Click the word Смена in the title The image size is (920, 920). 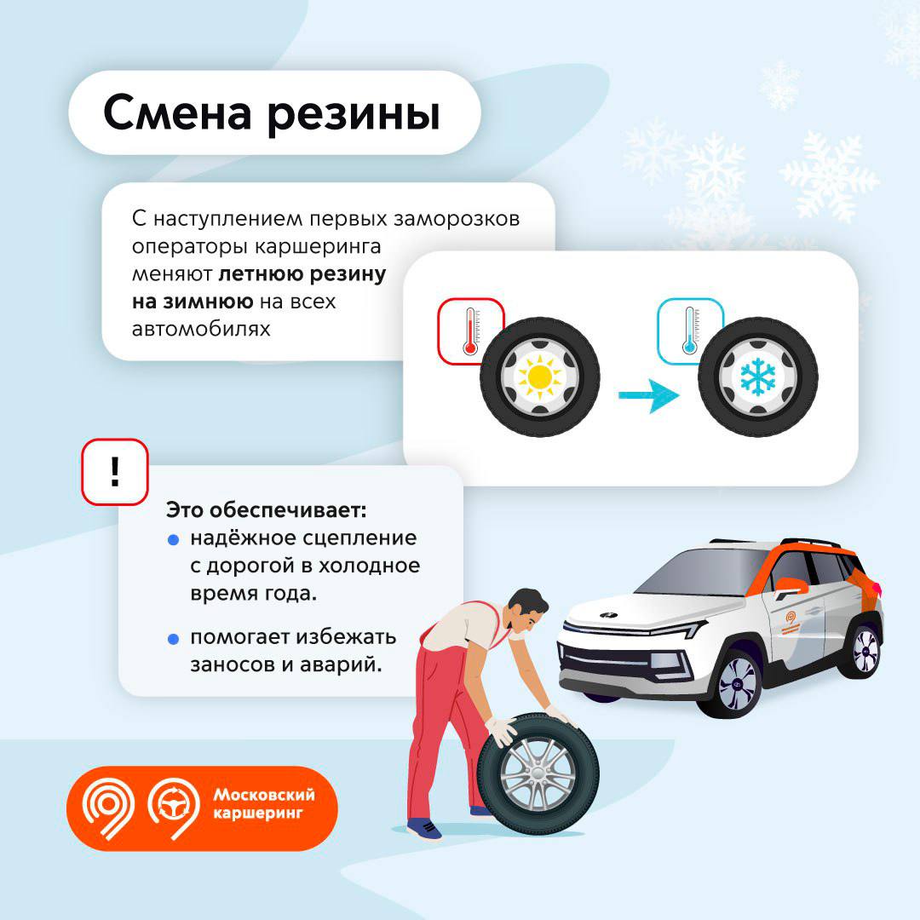(x=178, y=112)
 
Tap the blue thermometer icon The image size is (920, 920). (x=689, y=331)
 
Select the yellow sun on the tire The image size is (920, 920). (x=538, y=377)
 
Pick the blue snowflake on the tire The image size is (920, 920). (x=757, y=376)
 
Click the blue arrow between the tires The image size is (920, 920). (x=649, y=395)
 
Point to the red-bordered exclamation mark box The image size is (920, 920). (x=115, y=472)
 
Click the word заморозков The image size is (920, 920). (x=457, y=219)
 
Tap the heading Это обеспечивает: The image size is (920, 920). (x=267, y=509)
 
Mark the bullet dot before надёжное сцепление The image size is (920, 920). (x=173, y=540)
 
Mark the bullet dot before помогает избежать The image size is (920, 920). (x=173, y=639)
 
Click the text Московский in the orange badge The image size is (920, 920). (x=264, y=795)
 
